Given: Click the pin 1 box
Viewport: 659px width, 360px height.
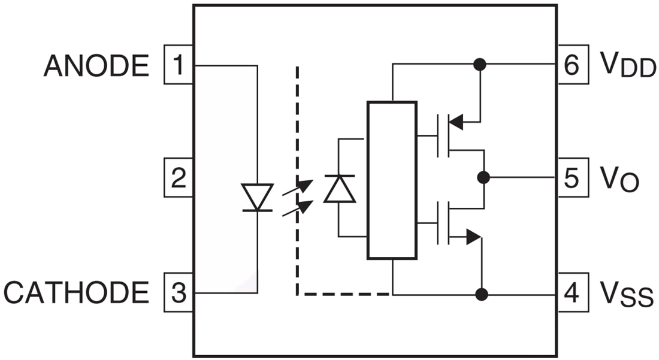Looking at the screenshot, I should point(179,65).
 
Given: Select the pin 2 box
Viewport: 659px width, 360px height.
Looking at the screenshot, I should point(179,178).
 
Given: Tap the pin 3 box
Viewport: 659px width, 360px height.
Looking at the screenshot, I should point(179,293).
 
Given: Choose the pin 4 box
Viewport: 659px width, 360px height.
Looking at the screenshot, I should point(573,293).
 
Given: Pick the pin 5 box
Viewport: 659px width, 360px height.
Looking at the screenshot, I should point(573,178).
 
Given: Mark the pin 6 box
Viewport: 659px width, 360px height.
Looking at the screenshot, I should point(573,65).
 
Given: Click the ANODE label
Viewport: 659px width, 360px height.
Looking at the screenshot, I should point(96,65).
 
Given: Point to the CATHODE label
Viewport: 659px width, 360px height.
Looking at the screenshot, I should point(76,293).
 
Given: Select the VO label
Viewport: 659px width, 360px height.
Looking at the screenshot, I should point(619,179).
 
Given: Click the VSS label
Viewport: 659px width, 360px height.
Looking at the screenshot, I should point(626,294).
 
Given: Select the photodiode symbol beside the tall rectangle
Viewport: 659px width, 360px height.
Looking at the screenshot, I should point(339,189).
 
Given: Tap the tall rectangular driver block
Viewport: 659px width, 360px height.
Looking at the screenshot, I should point(392,180).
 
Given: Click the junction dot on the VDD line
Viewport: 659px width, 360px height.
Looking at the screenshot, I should point(479,64).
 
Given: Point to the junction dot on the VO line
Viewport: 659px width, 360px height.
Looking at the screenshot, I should point(483,177).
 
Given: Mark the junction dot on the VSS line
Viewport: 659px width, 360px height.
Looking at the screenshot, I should point(480,294).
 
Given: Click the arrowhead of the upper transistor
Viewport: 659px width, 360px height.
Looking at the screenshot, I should point(457,122).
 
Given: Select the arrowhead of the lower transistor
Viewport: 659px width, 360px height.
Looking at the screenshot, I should point(473,237).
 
